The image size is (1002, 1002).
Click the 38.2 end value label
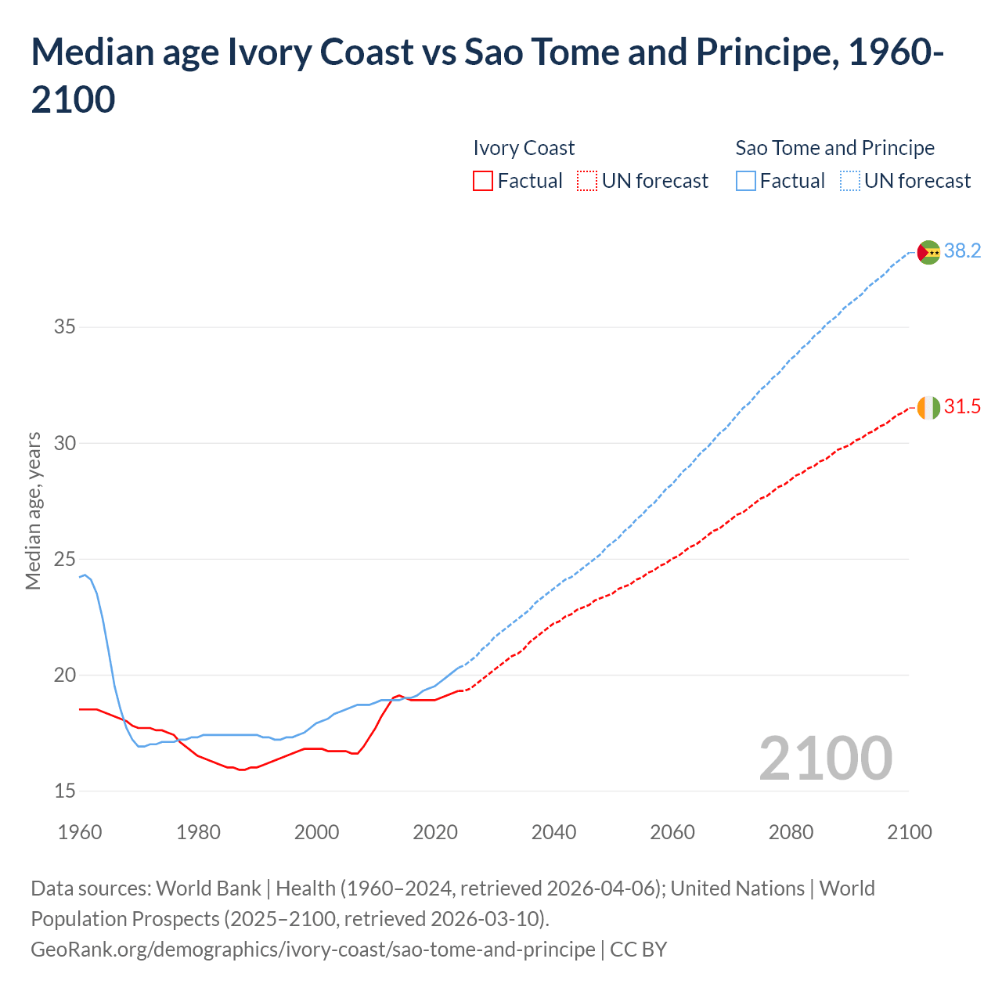962,250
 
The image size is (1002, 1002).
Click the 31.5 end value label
962,406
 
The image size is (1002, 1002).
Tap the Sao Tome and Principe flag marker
928,252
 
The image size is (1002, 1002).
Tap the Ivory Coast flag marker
928,408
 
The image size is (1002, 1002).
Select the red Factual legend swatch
483,181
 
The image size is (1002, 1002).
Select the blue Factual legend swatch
746,181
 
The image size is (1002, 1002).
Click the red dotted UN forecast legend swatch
587,181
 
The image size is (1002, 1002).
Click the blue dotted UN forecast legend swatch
850,181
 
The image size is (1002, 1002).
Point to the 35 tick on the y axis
64,326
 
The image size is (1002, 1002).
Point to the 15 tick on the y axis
64,791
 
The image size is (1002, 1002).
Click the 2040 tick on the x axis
553,831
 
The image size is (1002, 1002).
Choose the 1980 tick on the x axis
198,831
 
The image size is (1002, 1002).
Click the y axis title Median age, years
33,510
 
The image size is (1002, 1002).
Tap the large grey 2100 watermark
825,758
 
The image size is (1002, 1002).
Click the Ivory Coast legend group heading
524,148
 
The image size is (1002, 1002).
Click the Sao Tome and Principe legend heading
834,148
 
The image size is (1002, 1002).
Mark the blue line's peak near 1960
85,575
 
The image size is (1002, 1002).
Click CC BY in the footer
638,949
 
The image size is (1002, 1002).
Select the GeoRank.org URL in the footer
313,949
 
